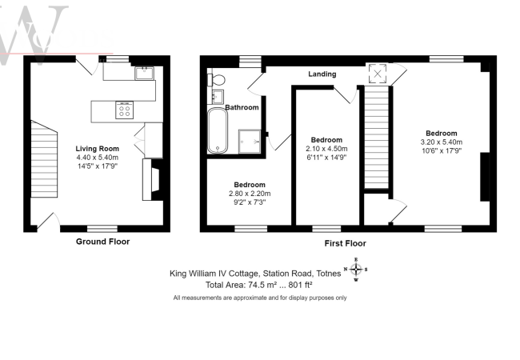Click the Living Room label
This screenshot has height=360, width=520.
click(x=97, y=149)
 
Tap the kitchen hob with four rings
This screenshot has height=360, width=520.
click(x=124, y=110)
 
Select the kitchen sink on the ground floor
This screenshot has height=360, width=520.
click(x=144, y=74)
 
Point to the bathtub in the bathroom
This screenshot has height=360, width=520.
click(x=218, y=130)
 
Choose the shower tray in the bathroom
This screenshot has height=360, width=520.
click(x=250, y=142)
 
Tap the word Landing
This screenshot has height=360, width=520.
click(x=322, y=74)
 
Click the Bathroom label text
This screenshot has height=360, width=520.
click(x=242, y=107)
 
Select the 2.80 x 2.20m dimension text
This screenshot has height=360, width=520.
click(x=250, y=194)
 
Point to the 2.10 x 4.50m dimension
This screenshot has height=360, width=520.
click(x=326, y=149)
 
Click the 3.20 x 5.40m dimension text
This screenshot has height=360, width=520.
click(x=442, y=142)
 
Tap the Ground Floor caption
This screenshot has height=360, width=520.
click(x=103, y=242)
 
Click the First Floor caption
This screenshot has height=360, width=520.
click(x=346, y=244)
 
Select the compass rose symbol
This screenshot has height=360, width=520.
click(x=356, y=269)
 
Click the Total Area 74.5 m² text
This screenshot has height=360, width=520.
click(x=258, y=285)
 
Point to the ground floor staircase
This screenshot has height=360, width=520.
click(x=44, y=159)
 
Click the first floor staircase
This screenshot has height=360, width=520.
click(x=377, y=138)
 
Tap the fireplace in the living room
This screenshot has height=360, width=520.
click(x=151, y=180)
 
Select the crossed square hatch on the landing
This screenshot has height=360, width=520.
click(x=378, y=74)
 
